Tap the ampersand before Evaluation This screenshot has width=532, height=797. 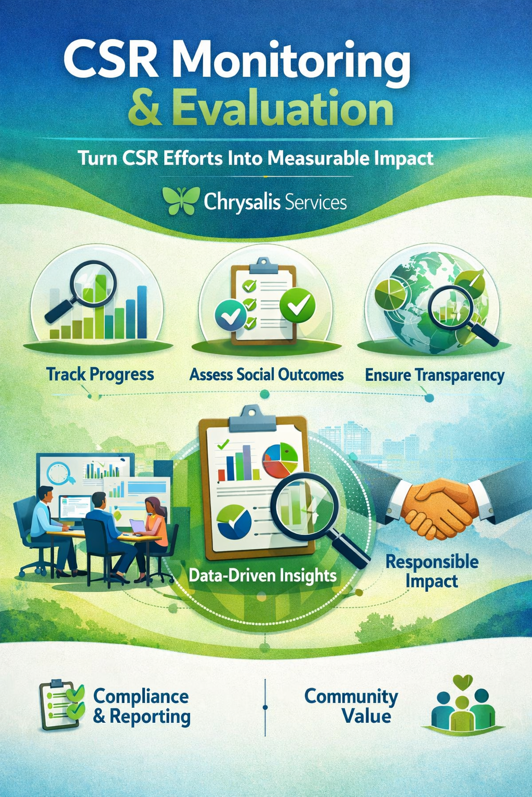tap(144, 108)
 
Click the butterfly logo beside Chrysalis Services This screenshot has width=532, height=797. tap(181, 201)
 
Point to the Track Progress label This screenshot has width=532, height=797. tap(100, 374)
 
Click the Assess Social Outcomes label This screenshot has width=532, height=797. tap(266, 374)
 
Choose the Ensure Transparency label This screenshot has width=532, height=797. tap(434, 375)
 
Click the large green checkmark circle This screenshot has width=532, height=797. tap(297, 305)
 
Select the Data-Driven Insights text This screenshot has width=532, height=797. tap(262, 575)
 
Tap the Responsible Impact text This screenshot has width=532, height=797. tap(432, 571)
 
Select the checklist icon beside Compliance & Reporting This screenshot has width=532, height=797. tap(61, 705)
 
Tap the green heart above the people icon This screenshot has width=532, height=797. tap(462, 681)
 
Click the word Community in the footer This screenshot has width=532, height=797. tap(351, 696)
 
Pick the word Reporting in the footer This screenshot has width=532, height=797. tap(150, 717)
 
